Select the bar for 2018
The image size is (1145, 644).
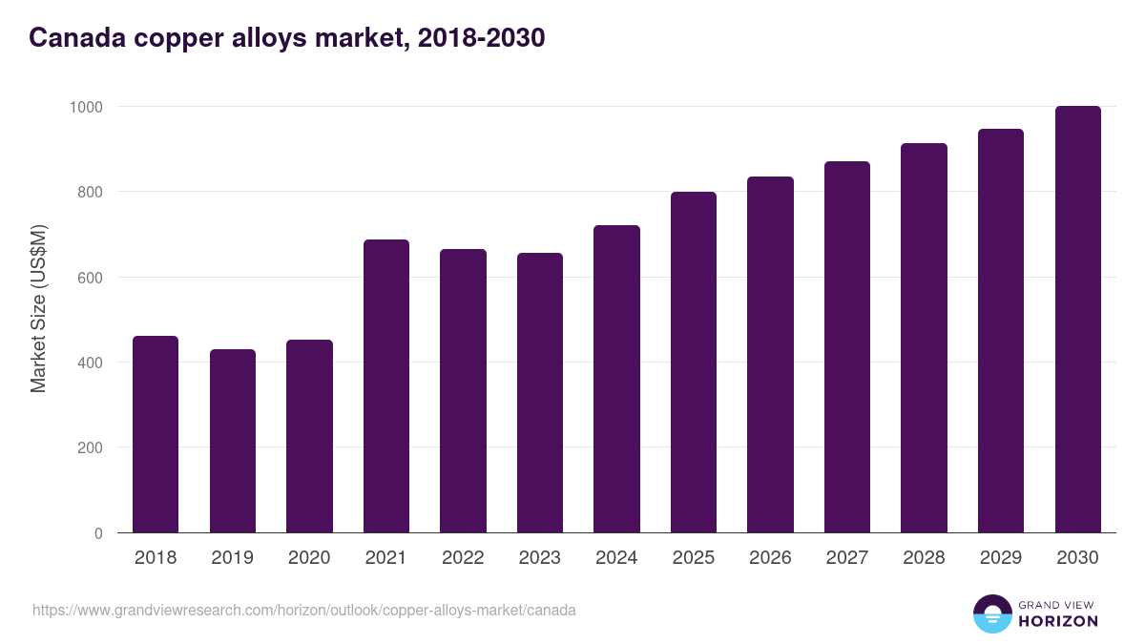[156, 434]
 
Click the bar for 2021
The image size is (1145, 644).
[386, 385]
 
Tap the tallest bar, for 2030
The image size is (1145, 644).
[1078, 320]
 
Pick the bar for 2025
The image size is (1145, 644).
[694, 363]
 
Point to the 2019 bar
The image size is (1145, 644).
[233, 441]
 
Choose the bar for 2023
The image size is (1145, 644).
[540, 393]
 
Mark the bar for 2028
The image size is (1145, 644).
[925, 339]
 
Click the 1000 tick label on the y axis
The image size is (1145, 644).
[86, 107]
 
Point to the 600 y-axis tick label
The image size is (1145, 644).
[90, 278]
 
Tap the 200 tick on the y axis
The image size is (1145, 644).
[90, 447]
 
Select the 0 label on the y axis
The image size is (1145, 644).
[98, 533]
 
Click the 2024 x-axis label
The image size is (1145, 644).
[616, 557]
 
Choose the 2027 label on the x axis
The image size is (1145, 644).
[847, 557]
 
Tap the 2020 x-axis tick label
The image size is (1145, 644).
[309, 557]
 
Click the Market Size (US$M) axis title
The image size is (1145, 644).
[38, 309]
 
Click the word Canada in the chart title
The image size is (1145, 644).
[77, 38]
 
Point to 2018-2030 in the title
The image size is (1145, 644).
[482, 38]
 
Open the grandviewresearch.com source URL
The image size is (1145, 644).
[304, 611]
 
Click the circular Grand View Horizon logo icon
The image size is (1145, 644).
[992, 613]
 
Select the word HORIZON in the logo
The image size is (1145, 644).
[1058, 621]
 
